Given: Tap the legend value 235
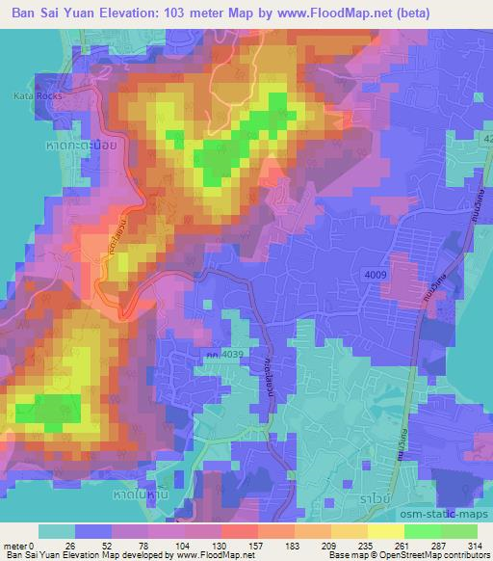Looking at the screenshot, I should click(x=366, y=545).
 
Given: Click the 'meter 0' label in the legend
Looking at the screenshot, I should click(x=19, y=545).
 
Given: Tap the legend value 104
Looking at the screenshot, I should click(x=183, y=545).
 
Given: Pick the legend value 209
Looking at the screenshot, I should click(x=329, y=545).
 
